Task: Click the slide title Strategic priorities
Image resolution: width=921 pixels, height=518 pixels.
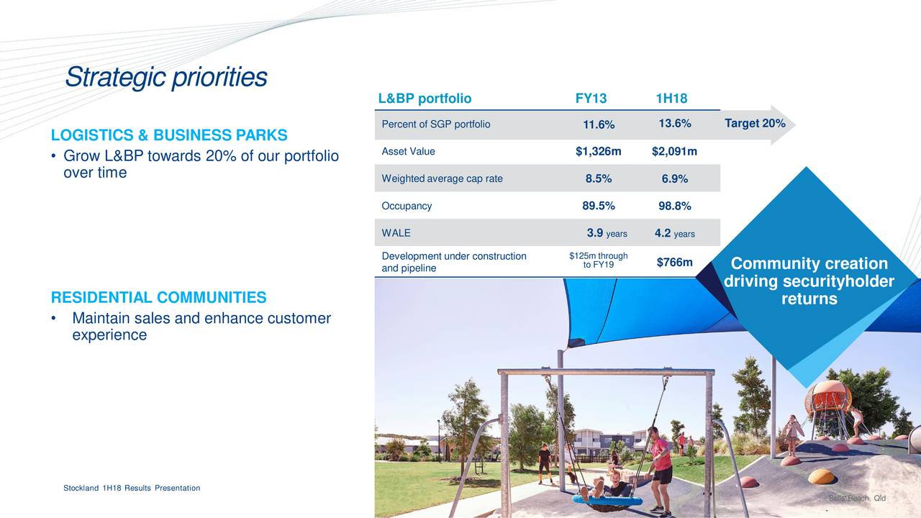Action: coord(166,77)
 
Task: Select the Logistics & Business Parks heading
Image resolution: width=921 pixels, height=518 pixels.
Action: coord(169,135)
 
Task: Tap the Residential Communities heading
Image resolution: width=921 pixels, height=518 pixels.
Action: coord(159,297)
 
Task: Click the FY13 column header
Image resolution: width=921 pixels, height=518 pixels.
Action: coord(591,99)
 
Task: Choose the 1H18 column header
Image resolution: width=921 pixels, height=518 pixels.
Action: coord(671,99)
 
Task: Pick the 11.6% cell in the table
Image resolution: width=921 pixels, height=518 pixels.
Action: coord(599,124)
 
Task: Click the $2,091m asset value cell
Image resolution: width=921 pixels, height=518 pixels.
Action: coord(674,151)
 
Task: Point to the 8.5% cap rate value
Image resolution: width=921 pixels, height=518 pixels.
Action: coord(599,178)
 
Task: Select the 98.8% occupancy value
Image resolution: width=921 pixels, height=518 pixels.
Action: coord(675,206)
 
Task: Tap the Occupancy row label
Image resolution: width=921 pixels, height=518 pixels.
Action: coord(407,206)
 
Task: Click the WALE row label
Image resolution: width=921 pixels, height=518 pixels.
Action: coord(396,232)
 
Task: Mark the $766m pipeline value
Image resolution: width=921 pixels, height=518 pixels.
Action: coord(674,262)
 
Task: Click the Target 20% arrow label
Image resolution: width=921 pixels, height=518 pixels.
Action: coord(755,123)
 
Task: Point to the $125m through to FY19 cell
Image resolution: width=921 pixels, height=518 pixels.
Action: coord(598,260)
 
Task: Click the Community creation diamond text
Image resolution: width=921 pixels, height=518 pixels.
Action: coord(809,281)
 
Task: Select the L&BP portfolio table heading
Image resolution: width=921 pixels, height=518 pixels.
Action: coord(425,99)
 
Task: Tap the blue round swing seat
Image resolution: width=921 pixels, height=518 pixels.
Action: coord(607,501)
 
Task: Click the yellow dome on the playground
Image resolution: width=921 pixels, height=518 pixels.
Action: coord(822,476)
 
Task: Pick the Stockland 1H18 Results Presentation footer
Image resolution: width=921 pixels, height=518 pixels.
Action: coord(132,488)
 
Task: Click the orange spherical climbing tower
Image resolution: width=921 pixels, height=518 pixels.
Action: coord(827,398)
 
